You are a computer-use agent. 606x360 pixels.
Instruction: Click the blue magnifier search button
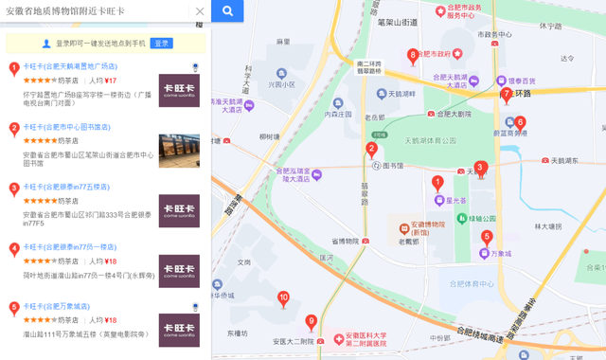pyautogui.click(x=227, y=11)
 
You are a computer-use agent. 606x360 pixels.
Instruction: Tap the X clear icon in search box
pyautogui.click(x=199, y=11)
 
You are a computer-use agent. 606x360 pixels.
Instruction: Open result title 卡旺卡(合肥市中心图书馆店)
pyautogui.click(x=66, y=127)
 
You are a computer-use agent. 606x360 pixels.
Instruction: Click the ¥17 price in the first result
pyautogui.click(x=111, y=81)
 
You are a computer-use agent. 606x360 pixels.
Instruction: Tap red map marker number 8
pyautogui.click(x=413, y=56)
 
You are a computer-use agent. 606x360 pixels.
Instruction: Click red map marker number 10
pyautogui.click(x=283, y=298)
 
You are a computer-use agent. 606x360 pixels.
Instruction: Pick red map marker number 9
pyautogui.click(x=311, y=321)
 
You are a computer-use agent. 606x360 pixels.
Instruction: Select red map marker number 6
pyautogui.click(x=520, y=122)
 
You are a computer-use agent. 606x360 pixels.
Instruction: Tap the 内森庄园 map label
pyautogui.click(x=339, y=115)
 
